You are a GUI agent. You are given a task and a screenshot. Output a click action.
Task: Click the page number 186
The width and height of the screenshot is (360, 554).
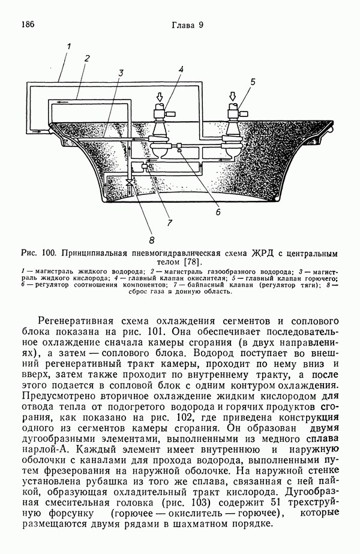[x=28, y=25]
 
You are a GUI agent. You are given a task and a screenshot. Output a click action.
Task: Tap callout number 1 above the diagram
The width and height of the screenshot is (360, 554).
[x=69, y=45]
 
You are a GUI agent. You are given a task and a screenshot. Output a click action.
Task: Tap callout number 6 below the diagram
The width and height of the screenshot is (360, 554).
[x=218, y=211]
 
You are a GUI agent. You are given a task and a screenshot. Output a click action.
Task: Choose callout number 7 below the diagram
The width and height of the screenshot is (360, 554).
[x=170, y=223]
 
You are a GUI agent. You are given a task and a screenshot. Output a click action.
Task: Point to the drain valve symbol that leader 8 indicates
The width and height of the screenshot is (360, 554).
[x=130, y=182]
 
